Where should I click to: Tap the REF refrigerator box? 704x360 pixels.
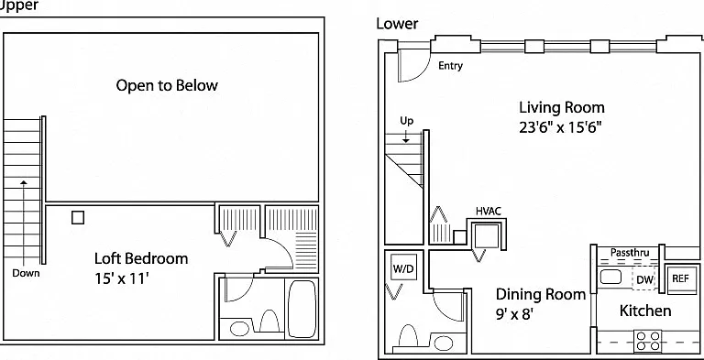680,278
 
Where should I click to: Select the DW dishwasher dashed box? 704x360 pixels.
643,278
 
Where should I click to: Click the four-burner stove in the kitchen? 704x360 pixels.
647,341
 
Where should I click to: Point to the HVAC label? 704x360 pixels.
489,211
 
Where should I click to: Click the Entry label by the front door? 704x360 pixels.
450,66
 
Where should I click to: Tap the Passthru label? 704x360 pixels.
630,253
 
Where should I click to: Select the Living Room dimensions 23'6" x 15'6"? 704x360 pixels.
560,127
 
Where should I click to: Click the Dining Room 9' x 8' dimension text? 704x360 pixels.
514,313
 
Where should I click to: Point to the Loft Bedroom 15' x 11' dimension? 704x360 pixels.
121,278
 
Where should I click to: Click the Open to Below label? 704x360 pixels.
167,85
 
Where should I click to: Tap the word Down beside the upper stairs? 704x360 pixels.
26,273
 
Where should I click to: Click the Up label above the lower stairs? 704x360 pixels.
407,121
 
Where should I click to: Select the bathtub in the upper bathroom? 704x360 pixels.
302,309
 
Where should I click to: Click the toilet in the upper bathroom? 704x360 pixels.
269,321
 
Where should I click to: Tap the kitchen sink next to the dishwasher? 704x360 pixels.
610,277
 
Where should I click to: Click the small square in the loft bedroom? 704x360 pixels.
78,218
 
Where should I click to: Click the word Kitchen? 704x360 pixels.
645,311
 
